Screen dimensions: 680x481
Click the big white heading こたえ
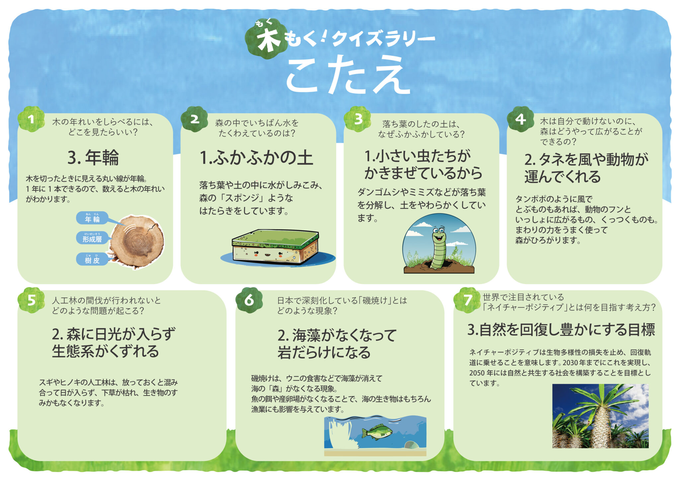[348, 75]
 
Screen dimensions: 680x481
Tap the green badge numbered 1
[31, 119]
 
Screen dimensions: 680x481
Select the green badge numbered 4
[520, 119]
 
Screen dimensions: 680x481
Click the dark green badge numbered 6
[249, 300]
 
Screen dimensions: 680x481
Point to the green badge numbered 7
[467, 300]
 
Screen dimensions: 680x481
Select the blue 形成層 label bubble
[92, 238]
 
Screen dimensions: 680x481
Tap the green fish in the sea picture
[377, 432]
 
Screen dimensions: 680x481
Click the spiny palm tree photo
[600, 416]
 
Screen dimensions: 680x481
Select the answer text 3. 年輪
[93, 157]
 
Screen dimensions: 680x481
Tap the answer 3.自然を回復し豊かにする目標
[561, 330]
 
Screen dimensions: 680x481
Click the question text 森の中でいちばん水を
[257, 123]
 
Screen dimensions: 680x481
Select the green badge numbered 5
[31, 300]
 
